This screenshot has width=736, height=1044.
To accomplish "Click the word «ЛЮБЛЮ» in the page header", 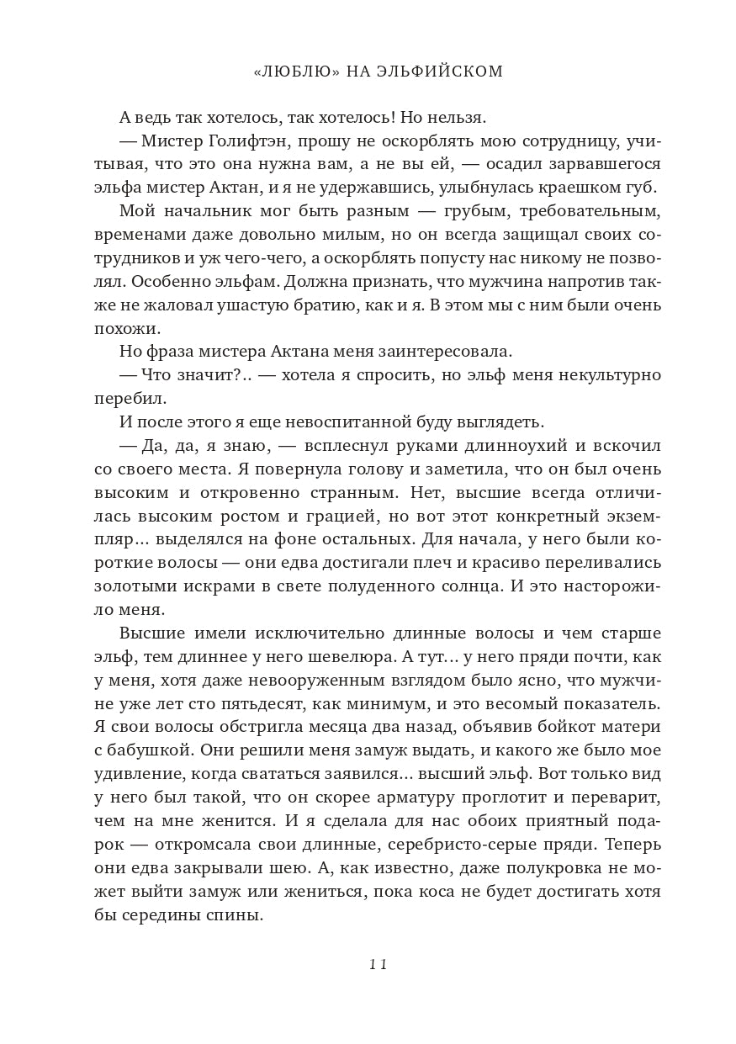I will tap(295, 72).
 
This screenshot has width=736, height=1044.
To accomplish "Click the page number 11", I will tap(378, 965).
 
